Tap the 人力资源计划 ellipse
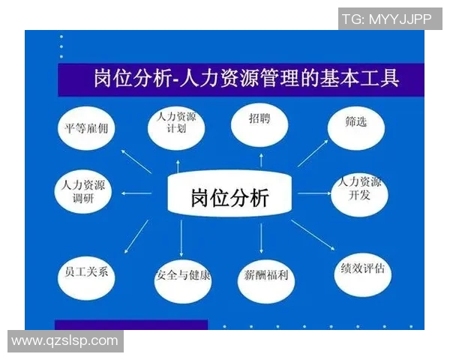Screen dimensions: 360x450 pyautogui.click(x=176, y=124)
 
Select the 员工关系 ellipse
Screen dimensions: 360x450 pyautogui.click(x=86, y=272)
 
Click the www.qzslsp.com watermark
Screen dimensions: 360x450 pyautogui.click(x=65, y=340)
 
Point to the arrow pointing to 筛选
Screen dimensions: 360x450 pyautogui.click(x=313, y=151)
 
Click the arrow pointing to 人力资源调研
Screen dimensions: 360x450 pyautogui.click(x=135, y=194)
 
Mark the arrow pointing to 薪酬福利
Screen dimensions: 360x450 pyautogui.click(x=261, y=238)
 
